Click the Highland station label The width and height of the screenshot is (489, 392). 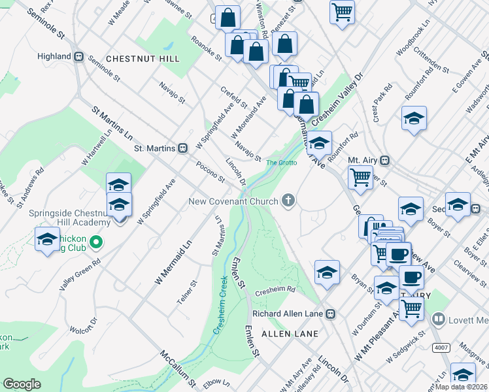[x=55, y=56]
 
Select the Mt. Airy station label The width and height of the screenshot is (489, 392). [x=363, y=160]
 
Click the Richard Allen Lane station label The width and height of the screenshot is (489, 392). [x=288, y=314]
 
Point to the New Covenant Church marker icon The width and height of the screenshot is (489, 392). [x=288, y=201]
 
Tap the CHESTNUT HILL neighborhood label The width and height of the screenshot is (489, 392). [x=142, y=59]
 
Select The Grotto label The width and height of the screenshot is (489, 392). [x=281, y=162]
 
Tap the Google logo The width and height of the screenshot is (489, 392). [x=22, y=384]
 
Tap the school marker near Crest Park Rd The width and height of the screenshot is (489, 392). [x=414, y=119]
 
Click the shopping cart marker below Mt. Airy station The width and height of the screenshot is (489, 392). [x=360, y=176]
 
